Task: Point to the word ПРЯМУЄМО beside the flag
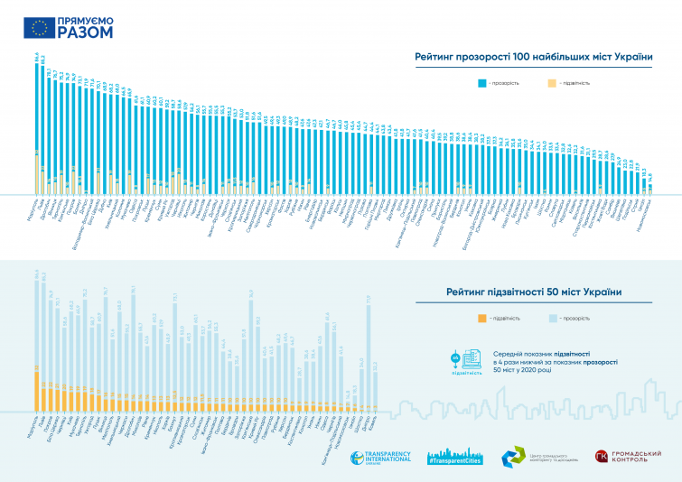coord(88,19)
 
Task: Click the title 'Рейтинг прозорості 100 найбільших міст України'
coord(533,57)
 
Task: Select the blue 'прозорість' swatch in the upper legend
coord(484,82)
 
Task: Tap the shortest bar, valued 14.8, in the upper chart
coord(650,190)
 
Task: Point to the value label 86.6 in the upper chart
coord(37,57)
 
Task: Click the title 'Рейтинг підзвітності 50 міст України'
coord(535,292)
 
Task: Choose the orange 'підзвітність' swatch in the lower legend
coord(484,319)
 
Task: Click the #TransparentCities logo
coord(456,456)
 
